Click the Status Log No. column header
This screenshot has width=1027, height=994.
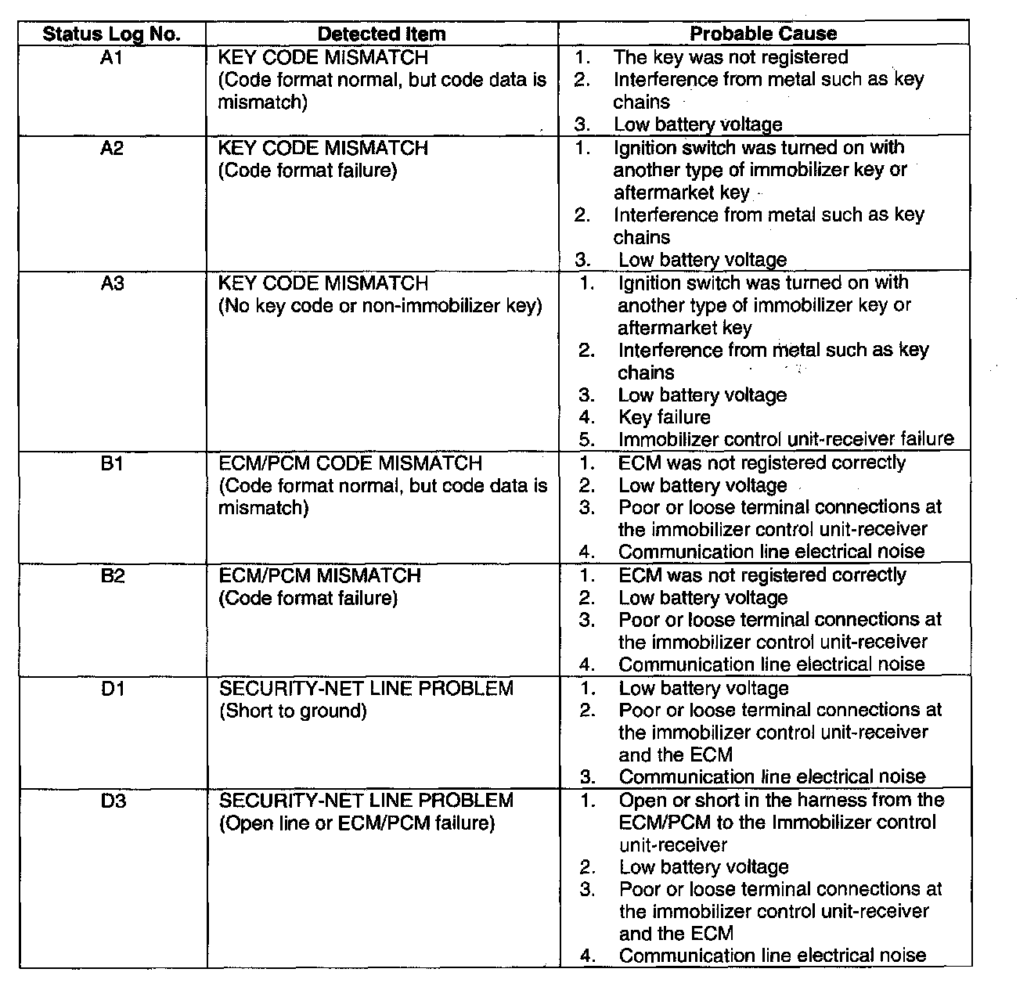pos(112,34)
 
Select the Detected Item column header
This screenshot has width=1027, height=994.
pos(382,34)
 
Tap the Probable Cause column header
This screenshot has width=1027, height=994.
pos(763,34)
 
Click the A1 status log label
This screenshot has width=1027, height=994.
pos(112,57)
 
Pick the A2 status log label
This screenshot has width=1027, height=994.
pos(112,148)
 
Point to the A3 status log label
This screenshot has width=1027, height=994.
pos(112,283)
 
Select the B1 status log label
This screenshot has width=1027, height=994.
pos(112,463)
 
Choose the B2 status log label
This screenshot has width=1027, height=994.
pos(112,576)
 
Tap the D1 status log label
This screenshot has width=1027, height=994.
pos(112,689)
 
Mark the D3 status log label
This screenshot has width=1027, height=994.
pos(112,801)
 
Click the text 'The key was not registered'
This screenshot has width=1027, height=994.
pos(730,57)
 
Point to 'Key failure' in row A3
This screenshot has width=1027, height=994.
pos(665,417)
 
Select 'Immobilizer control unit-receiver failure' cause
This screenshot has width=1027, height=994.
pos(786,439)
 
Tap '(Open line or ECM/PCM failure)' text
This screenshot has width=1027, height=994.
pos(357,823)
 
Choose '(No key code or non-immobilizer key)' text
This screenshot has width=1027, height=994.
pos(380,306)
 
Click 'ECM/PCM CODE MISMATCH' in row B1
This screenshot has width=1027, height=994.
pos(350,463)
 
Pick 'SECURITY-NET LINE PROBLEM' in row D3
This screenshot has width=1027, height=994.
pos(366,801)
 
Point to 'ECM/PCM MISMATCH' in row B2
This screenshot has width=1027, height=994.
pos(320,576)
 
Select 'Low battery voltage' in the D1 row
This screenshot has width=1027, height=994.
pos(704,689)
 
